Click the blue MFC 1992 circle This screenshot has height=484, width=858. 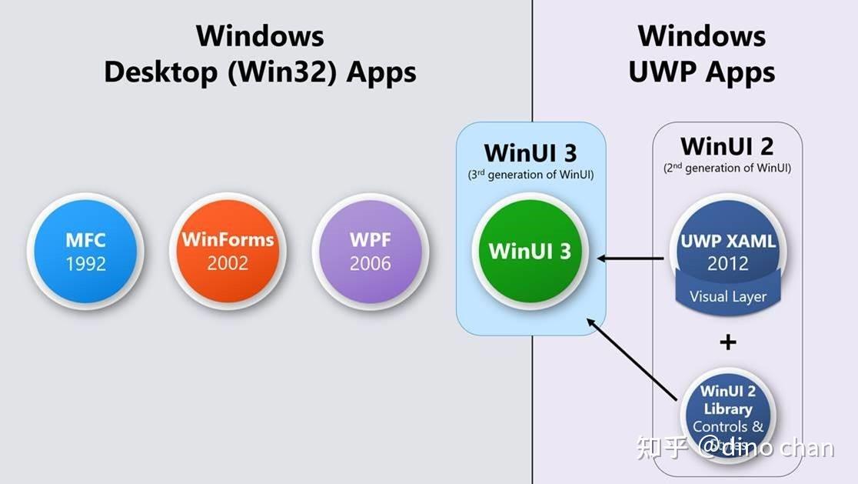click(x=85, y=250)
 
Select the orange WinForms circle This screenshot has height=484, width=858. click(x=228, y=250)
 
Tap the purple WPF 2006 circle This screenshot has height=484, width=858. click(x=370, y=250)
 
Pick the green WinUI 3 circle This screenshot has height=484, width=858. click(x=530, y=250)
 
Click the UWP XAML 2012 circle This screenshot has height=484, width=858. click(x=727, y=246)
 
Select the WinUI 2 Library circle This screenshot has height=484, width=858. click(x=727, y=412)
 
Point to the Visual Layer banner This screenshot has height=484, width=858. click(x=727, y=296)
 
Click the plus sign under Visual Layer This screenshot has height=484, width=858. click(x=727, y=342)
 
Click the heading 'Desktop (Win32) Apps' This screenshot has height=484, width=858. click(x=260, y=72)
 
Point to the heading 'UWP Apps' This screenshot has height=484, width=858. click(x=701, y=72)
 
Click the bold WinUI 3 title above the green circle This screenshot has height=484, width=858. click(x=530, y=152)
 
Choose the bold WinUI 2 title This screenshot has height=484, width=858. click(x=727, y=145)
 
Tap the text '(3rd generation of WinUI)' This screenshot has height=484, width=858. click(x=530, y=175)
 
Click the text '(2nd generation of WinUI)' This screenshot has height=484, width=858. click(x=727, y=168)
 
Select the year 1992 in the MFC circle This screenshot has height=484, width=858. click(x=85, y=263)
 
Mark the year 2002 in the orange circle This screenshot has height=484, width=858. click(x=228, y=263)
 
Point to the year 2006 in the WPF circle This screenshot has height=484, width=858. click(x=370, y=263)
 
